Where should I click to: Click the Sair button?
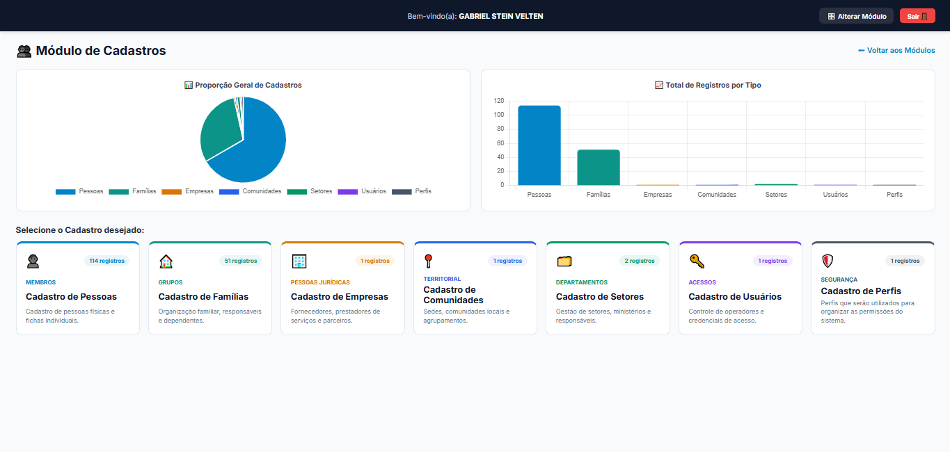tap(917, 16)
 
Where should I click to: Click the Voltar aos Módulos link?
tap(896, 50)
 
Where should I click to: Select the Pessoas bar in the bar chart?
tap(539, 145)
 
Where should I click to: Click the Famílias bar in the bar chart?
tap(599, 168)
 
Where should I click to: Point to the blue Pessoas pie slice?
tap(255, 148)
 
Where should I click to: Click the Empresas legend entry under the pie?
tap(187, 191)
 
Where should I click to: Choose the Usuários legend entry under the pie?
tap(362, 191)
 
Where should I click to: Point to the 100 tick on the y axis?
tap(499, 115)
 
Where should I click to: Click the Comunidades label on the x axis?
tap(717, 195)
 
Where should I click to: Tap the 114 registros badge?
tap(107, 261)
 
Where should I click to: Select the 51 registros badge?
tap(241, 261)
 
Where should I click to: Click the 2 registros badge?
tap(640, 261)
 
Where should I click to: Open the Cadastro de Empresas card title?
tap(340, 296)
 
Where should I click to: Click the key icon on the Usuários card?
tap(697, 261)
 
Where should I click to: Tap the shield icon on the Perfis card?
tap(828, 261)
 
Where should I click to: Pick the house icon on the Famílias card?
tap(166, 261)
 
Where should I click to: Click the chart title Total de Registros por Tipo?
tap(713, 85)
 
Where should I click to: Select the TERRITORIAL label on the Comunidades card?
tap(442, 279)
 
